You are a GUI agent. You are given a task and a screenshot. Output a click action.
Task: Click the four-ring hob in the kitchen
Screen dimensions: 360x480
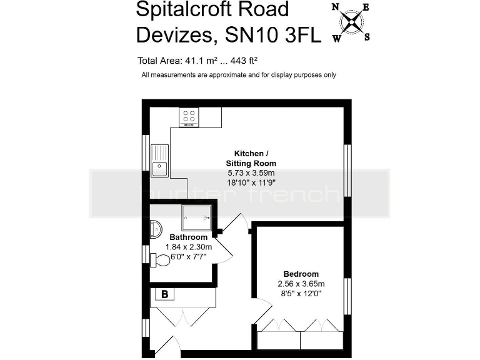tap(189, 116)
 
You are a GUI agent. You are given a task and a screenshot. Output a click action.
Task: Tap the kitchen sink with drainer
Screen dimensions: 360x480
tap(159, 160)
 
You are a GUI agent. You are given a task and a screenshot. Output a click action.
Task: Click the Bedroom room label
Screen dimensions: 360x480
tap(301, 274)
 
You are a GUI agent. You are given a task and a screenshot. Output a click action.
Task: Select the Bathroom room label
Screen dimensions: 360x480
tap(188, 237)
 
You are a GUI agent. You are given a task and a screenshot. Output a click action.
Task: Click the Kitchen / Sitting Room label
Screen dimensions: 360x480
tap(251, 158)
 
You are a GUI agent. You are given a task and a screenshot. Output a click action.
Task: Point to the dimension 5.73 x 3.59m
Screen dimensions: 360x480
tap(251, 172)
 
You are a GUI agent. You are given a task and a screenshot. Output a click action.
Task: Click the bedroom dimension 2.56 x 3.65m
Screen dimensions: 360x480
tap(301, 284)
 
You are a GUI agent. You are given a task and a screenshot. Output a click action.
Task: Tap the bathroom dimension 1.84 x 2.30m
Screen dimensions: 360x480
tap(188, 247)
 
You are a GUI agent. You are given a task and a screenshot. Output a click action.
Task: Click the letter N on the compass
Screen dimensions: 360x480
tap(336, 8)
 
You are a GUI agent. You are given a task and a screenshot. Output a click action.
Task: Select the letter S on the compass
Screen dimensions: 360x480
tap(367, 36)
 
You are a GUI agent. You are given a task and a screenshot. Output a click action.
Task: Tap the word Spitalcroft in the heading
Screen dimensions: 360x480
tap(186, 9)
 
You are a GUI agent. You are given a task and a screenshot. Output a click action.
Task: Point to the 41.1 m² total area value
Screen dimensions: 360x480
tap(199, 61)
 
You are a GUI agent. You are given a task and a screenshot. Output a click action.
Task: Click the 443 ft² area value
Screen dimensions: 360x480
tap(245, 61)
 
